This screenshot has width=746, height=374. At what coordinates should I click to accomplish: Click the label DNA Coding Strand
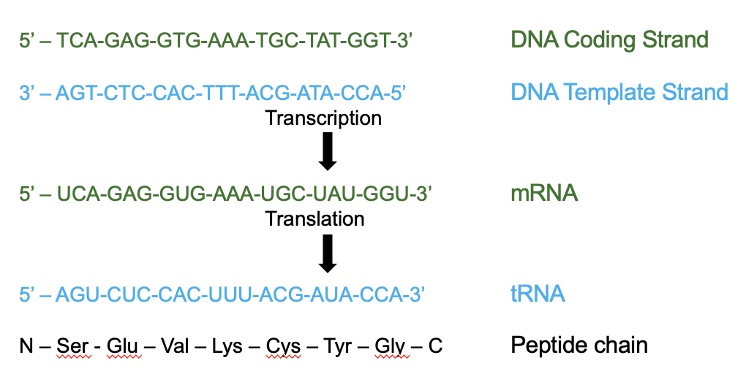point(609,39)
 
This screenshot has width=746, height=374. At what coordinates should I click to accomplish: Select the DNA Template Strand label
point(619,92)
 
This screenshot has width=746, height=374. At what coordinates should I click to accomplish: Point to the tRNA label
point(538,294)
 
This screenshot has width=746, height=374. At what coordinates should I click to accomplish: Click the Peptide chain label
point(579,344)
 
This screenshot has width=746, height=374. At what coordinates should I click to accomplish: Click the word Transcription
point(323,118)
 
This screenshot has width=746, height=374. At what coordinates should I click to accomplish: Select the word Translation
point(314,218)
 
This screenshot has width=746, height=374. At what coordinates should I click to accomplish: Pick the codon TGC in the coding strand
point(269,40)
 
